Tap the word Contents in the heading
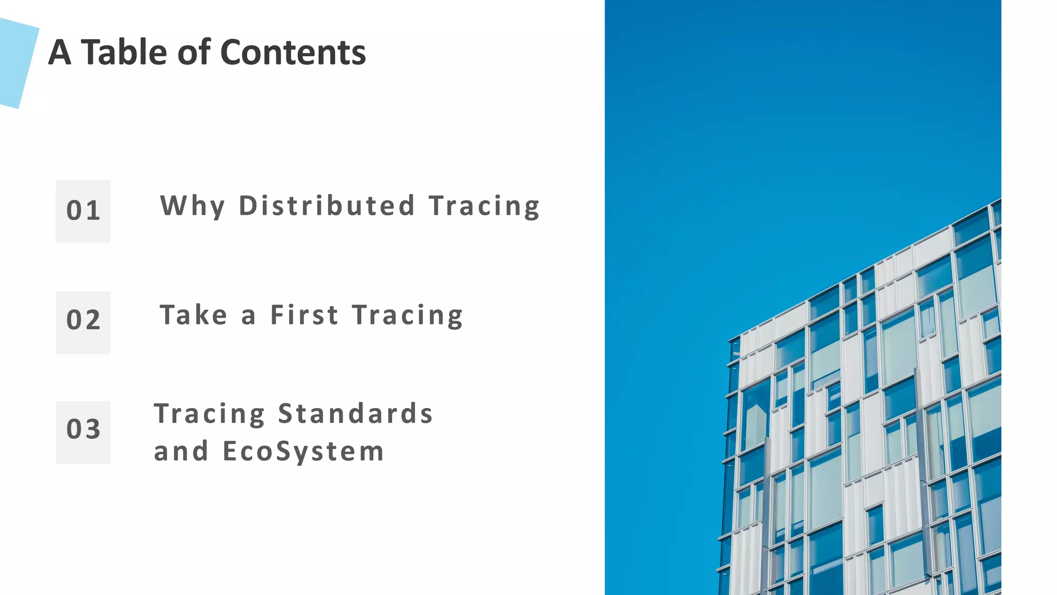(x=293, y=52)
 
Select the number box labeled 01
(x=83, y=211)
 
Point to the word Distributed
(x=327, y=206)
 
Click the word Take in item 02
(x=194, y=315)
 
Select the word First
(x=304, y=315)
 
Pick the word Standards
(x=355, y=414)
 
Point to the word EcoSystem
(x=303, y=451)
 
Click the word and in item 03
(x=181, y=451)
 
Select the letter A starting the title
(x=59, y=52)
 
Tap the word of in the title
(x=194, y=52)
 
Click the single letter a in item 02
(x=248, y=316)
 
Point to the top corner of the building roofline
(x=999, y=200)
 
